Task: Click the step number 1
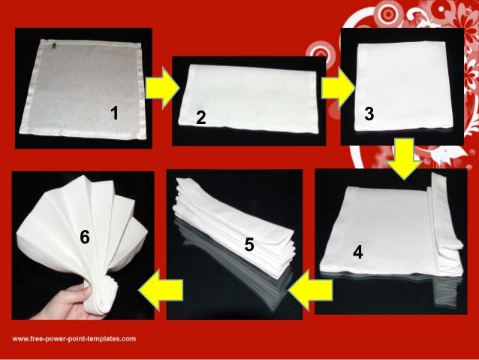click(114, 113)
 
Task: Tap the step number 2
click(200, 119)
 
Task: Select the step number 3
click(369, 113)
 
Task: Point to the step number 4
click(358, 254)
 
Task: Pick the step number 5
click(249, 246)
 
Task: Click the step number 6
click(85, 237)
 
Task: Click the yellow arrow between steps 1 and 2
click(161, 89)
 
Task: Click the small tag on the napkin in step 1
click(56, 50)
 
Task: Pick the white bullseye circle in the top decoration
click(325, 53)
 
